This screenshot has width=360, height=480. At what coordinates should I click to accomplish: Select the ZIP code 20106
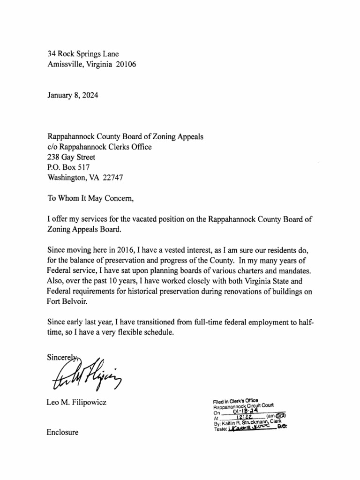coord(126,65)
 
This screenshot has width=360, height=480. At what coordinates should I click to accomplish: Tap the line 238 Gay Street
coord(71,157)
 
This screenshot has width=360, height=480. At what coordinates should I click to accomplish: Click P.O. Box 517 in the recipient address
coord(68,167)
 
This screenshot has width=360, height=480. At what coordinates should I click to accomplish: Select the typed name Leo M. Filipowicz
coord(77,402)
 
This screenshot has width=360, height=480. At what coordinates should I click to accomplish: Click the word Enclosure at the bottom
coord(63,432)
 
